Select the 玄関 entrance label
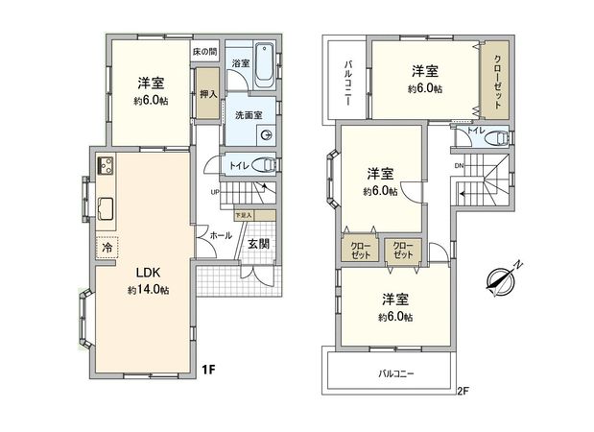pyautogui.click(x=258, y=244)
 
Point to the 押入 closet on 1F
pyautogui.click(x=207, y=95)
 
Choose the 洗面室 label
pyautogui.click(x=249, y=116)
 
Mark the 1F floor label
pyautogui.click(x=207, y=368)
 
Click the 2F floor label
pyautogui.click(x=463, y=390)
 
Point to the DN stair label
pyautogui.click(x=459, y=165)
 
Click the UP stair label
pyautogui.click(x=217, y=191)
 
